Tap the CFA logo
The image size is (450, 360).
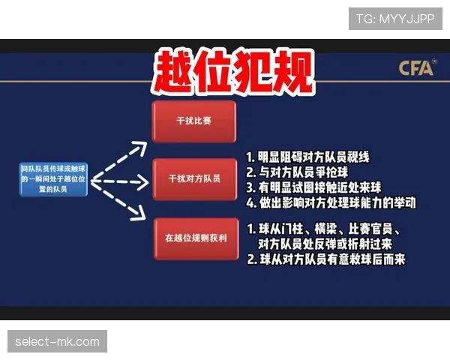[416, 69]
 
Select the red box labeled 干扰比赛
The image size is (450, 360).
[193, 120]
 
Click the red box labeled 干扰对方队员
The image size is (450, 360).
[193, 179]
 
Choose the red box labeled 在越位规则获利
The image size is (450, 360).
[193, 238]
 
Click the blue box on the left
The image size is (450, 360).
[54, 181]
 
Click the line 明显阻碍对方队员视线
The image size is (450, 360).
[315, 158]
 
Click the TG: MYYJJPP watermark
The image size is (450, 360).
[395, 18]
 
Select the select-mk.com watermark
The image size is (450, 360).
[57, 342]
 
